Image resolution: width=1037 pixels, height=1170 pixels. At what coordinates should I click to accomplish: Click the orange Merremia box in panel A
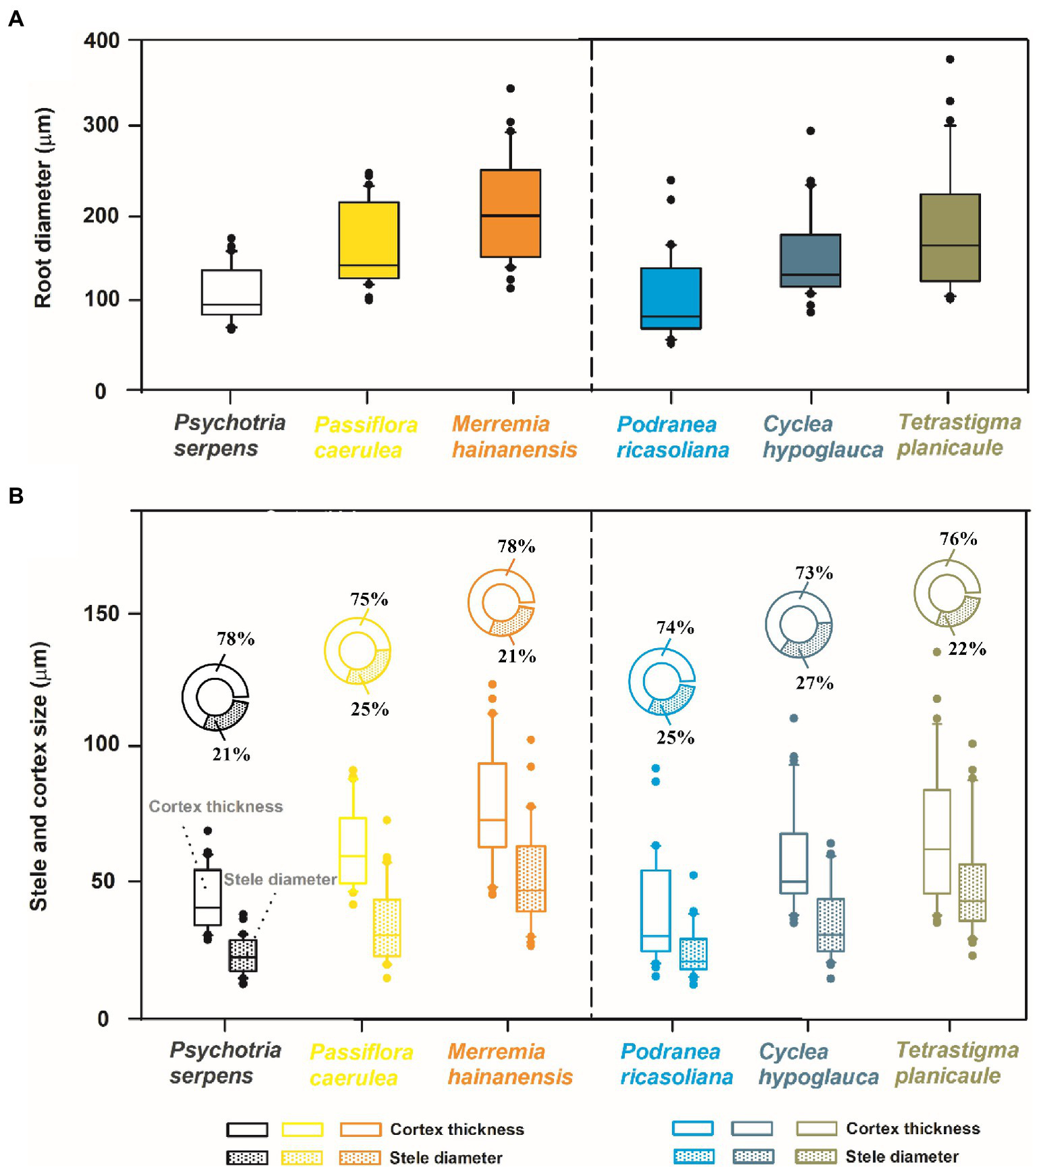(510, 213)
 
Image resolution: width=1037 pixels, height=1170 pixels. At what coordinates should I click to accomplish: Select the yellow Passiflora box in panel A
(368, 239)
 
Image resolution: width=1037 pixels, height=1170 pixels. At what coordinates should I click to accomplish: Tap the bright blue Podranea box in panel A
(670, 298)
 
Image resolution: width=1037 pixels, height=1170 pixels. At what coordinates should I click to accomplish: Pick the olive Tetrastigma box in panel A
(949, 237)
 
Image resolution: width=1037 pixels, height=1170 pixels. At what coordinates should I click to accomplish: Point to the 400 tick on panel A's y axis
(102, 41)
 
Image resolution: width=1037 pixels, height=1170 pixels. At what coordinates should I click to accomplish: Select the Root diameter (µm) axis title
(43, 208)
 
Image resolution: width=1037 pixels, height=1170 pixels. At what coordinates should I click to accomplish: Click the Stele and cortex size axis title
(39, 776)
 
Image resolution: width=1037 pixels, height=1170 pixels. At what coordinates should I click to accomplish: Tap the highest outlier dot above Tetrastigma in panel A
(949, 59)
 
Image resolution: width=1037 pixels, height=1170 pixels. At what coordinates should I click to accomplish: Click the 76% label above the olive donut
(958, 539)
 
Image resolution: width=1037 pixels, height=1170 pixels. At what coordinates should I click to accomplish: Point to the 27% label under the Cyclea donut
(814, 683)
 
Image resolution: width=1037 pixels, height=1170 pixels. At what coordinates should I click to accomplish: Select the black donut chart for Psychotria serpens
(216, 697)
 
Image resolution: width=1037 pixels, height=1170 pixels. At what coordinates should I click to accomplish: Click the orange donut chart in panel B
(501, 602)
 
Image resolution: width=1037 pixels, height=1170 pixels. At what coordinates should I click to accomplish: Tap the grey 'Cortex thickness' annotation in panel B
(216, 806)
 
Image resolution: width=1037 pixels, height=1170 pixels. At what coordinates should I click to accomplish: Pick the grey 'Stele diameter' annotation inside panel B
(280, 879)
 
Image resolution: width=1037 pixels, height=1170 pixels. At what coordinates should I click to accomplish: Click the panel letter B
(16, 496)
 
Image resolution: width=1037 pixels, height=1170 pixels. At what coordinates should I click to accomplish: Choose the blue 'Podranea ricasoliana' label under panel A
(672, 437)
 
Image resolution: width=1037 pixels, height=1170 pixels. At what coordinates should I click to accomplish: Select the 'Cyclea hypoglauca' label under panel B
(818, 1064)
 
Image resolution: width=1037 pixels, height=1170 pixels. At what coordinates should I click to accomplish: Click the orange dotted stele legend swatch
(359, 1158)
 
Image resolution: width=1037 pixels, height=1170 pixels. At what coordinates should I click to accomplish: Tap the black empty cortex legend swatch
(247, 1129)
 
